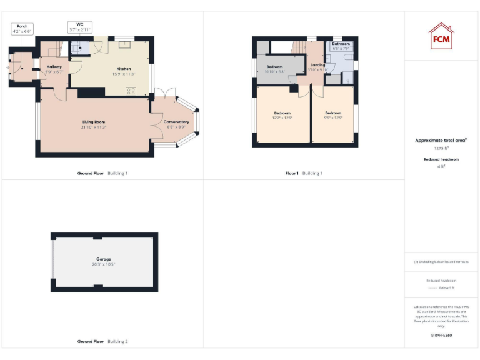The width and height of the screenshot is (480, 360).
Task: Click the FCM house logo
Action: pos(441,36)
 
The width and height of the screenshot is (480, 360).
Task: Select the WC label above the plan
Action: pos(79,24)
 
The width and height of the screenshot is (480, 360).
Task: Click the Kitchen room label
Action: pos(124,69)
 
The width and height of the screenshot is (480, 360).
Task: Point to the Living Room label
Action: pos(94,121)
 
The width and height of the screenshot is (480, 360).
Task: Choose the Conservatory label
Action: pos(176,121)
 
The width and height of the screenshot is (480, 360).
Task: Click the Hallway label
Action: pos(54,67)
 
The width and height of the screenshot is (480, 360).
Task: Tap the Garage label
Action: pos(104,259)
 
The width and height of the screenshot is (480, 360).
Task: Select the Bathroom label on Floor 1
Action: pos(341,44)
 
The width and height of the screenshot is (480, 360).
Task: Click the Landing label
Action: pos(317,64)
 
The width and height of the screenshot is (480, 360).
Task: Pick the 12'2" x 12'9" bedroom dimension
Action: pos(282,117)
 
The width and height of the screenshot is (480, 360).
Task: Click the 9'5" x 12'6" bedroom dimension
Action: pos(333,117)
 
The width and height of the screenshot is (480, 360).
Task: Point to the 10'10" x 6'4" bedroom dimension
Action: pos(275,72)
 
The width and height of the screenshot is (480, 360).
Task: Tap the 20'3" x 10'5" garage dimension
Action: pos(104,264)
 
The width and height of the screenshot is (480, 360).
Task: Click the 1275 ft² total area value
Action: pos(441,149)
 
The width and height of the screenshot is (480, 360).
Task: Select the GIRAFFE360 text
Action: pos(441,336)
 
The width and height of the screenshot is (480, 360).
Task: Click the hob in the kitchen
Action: pos(131,91)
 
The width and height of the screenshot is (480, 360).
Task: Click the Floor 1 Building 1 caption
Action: pos(304,173)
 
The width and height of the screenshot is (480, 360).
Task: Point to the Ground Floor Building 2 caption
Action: pos(102,342)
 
